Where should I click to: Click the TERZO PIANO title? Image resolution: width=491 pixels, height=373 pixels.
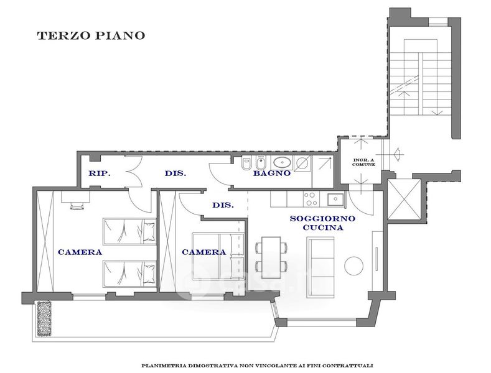(91, 35)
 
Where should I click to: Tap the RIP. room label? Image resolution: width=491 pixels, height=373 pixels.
(100, 173)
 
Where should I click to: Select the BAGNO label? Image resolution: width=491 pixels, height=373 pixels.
(272, 173)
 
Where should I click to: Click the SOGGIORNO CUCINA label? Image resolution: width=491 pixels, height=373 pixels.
(322, 223)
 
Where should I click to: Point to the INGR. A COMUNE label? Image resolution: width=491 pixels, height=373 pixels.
(363, 162)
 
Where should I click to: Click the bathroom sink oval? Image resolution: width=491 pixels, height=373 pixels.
(283, 163)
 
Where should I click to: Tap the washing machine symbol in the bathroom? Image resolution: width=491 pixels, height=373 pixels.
(302, 163)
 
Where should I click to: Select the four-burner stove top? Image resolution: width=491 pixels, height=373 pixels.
(311, 199)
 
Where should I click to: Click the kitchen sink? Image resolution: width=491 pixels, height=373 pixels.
(335, 200)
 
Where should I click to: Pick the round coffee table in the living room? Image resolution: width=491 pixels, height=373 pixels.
(354, 265)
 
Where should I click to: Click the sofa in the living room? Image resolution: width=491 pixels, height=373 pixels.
(320, 267)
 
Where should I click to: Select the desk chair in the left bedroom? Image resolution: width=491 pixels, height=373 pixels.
(77, 206)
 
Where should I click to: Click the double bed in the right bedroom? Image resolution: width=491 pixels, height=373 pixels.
(218, 256)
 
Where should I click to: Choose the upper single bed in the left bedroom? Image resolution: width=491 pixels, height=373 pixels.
(129, 231)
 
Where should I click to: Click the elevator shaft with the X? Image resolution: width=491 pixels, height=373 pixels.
(404, 200)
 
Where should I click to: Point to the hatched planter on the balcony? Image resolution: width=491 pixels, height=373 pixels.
(44, 318)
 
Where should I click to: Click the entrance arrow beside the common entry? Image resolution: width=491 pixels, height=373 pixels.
(398, 154)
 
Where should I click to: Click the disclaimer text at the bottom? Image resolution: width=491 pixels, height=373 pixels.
(257, 366)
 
